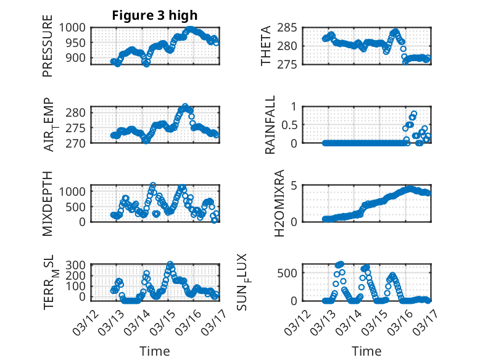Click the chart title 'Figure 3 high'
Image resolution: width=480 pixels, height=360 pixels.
(x=154, y=15)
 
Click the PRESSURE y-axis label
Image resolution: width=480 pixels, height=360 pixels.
(x=48, y=50)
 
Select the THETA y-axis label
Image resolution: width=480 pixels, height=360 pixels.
(x=266, y=46)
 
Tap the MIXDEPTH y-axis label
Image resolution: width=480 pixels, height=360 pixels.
(x=48, y=203)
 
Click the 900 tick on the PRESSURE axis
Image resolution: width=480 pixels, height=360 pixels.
(x=79, y=57)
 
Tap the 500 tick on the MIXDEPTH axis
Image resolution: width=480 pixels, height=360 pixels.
(x=79, y=206)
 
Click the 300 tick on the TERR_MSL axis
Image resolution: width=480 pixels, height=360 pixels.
(x=79, y=266)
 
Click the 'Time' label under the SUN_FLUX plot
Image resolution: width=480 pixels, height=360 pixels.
(x=366, y=351)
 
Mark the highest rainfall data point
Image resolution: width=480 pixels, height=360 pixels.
(x=413, y=114)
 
